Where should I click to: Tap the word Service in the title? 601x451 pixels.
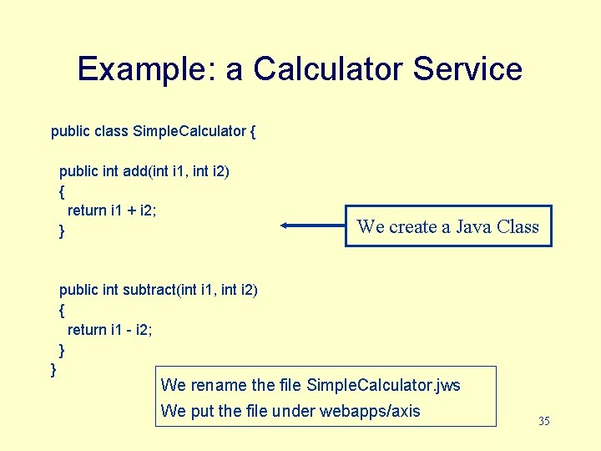click(467, 68)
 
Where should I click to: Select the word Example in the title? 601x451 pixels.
click(142, 68)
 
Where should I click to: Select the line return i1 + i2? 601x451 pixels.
click(112, 210)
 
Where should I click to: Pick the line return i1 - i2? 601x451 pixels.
click(109, 330)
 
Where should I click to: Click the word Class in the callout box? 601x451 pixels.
click(518, 226)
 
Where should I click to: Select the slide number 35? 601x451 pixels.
click(544, 421)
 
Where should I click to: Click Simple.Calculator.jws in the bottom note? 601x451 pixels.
click(383, 385)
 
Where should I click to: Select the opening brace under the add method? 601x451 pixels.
click(62, 191)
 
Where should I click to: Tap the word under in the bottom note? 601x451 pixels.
click(295, 410)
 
